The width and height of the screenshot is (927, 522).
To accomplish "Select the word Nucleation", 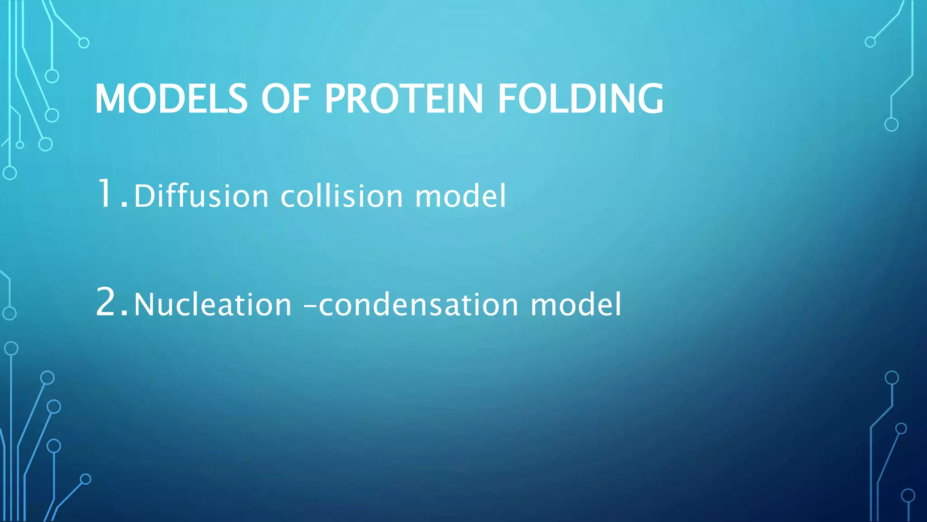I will tap(213, 304).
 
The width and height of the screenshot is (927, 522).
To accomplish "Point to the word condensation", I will tap(419, 304).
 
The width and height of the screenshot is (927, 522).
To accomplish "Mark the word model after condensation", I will tap(576, 304).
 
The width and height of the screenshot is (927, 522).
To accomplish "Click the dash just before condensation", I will tap(310, 305).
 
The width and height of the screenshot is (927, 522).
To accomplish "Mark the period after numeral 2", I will tap(125, 314).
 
